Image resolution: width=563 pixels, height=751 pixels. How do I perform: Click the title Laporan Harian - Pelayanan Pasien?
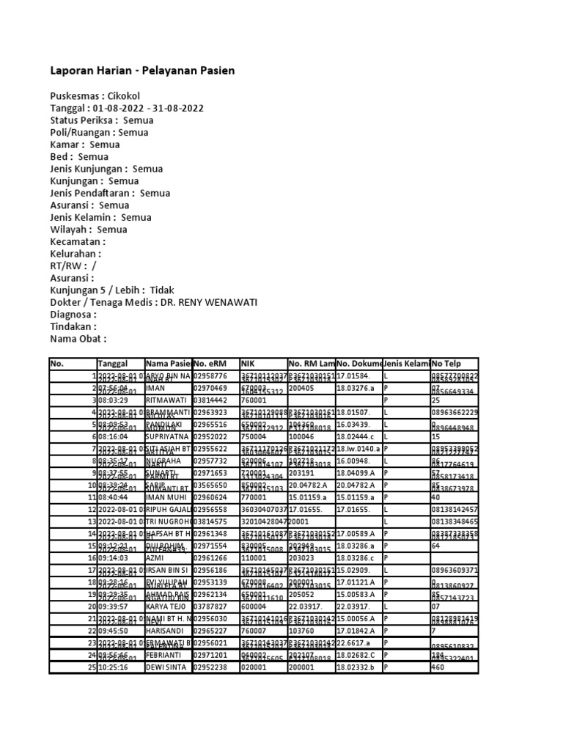142,71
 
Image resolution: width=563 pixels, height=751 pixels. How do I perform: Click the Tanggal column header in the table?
112,364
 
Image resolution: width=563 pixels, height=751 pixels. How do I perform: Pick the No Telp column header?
449,364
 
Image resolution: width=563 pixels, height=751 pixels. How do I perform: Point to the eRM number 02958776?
211,376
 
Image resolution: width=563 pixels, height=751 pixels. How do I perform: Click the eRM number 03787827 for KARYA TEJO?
211,607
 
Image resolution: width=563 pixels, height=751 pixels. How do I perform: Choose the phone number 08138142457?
455,509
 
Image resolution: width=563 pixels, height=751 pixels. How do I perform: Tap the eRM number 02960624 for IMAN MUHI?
211,497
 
